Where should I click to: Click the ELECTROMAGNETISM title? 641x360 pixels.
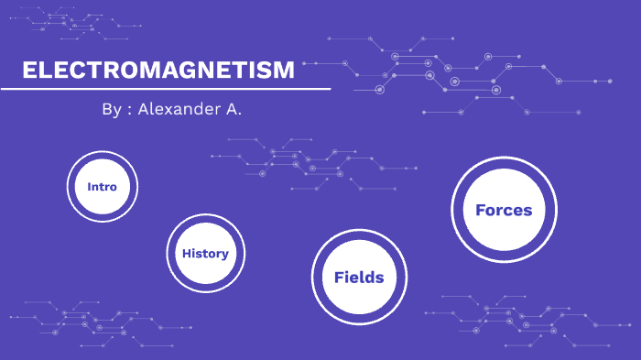pyautogui.click(x=158, y=71)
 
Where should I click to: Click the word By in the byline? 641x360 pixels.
pyautogui.click(x=111, y=108)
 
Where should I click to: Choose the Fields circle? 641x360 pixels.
pyautogui.click(x=359, y=277)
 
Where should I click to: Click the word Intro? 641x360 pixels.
pyautogui.click(x=102, y=186)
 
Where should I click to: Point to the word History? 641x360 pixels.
pyautogui.click(x=205, y=254)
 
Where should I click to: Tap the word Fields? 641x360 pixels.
pyautogui.click(x=359, y=277)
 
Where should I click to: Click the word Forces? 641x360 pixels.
pyautogui.click(x=504, y=210)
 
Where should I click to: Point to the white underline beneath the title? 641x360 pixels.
pyautogui.click(x=165, y=89)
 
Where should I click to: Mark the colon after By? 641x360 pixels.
pyautogui.click(x=130, y=109)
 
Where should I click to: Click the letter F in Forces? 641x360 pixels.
pyautogui.click(x=480, y=210)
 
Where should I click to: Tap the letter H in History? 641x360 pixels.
pyautogui.click(x=185, y=254)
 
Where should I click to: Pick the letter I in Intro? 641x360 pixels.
pyautogui.click(x=89, y=186)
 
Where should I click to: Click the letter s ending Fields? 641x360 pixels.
pyautogui.click(x=379, y=277)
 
